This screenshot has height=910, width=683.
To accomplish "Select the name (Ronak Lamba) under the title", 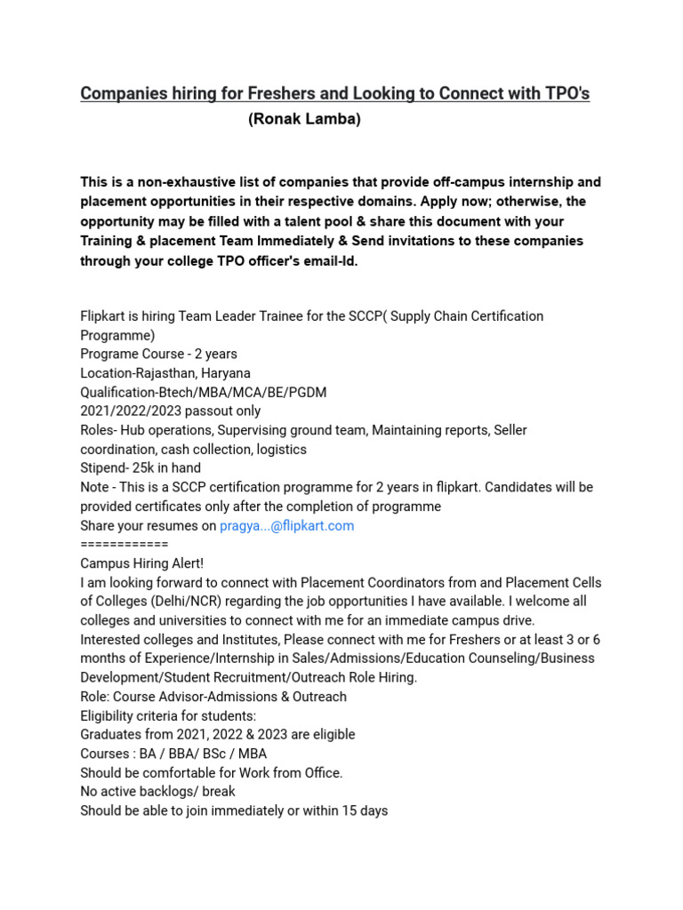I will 304,120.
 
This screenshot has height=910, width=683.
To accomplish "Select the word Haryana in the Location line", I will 220,373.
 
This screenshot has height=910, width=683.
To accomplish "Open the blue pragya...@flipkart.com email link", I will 286,525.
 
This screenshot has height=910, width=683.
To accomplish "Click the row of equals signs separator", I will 124,544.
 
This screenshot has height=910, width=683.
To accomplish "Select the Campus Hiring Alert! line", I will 141,563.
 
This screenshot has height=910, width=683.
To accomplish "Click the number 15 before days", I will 345,810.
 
